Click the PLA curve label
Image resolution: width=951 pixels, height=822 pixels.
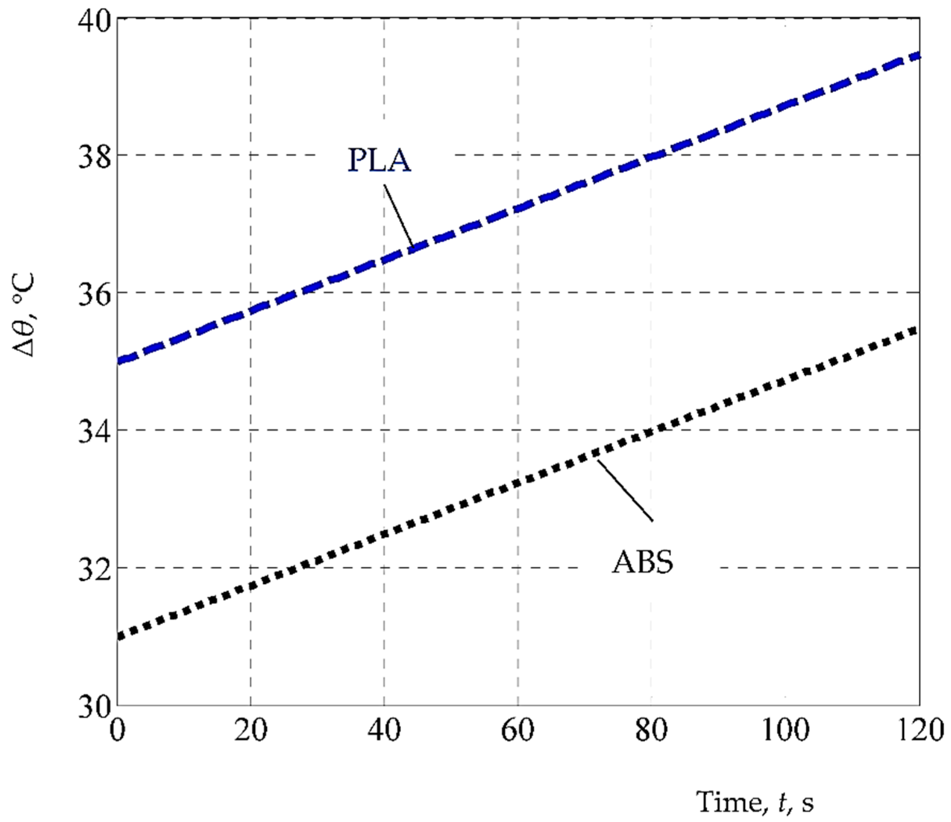coord(379,161)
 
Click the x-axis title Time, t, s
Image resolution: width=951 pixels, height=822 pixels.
coord(755,802)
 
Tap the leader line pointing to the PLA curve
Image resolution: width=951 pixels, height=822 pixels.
coord(398,216)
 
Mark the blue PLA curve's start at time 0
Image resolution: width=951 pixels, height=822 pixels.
coord(119,361)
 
